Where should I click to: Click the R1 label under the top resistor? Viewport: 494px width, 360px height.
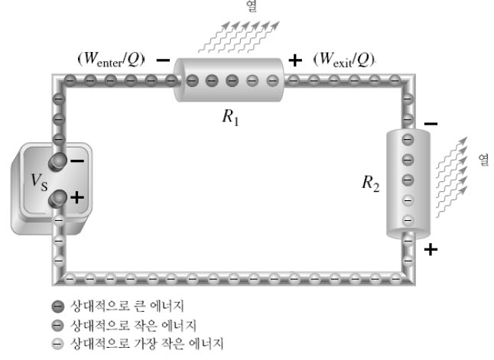tap(231, 117)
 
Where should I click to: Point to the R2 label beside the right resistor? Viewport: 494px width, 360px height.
tap(371, 183)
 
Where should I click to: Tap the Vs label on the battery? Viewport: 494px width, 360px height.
tap(39, 182)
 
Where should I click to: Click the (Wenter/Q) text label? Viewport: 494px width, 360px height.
tap(111, 59)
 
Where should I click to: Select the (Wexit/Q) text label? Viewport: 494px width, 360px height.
tap(343, 59)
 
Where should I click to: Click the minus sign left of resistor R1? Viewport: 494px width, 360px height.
tap(163, 60)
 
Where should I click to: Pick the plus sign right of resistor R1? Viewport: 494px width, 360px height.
tap(295, 60)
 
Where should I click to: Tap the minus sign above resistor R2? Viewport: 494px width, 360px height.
tap(431, 124)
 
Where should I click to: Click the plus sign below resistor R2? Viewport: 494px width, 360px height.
tap(431, 250)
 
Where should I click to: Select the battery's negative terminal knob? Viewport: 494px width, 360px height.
tap(57, 161)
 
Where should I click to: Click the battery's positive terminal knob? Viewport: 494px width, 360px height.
tap(57, 199)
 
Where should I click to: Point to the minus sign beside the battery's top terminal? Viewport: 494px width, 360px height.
tap(77, 161)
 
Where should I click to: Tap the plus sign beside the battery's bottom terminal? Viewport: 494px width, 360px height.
tap(77, 198)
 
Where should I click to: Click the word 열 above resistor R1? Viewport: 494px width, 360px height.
tap(252, 6)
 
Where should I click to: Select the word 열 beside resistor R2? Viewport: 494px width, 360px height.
tap(483, 160)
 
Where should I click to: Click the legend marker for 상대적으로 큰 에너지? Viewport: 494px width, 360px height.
tap(57, 306)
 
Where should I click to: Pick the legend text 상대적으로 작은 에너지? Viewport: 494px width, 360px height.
tap(133, 326)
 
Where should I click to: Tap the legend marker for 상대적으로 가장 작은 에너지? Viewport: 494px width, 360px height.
tap(57, 344)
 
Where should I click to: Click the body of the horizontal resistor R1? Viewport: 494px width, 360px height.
tap(229, 80)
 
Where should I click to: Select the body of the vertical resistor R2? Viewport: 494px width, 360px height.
tap(408, 183)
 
